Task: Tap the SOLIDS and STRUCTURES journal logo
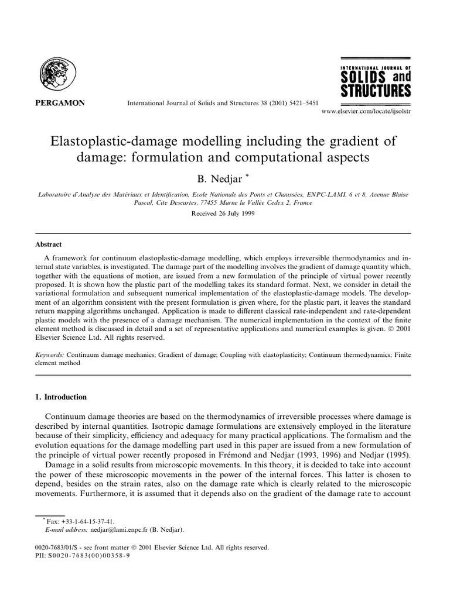point(376,81)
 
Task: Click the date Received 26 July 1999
point(225,214)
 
